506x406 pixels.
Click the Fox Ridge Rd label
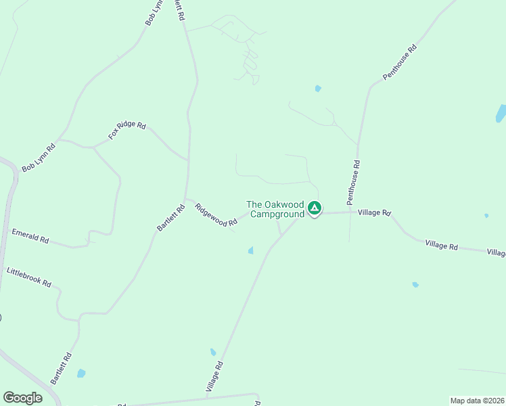click(127, 131)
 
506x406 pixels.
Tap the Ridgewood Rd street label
click(216, 215)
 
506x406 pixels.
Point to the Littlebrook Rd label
click(29, 278)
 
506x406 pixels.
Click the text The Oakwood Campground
click(275, 209)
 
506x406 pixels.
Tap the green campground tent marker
click(314, 208)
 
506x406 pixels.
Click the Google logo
click(22, 398)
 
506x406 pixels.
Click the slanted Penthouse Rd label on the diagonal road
click(400, 63)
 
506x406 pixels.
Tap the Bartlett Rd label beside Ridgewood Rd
click(171, 219)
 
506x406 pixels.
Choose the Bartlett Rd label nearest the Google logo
click(60, 368)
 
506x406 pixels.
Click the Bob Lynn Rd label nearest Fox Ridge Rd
click(38, 158)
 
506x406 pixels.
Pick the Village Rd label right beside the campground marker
click(375, 212)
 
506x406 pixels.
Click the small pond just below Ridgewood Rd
click(250, 251)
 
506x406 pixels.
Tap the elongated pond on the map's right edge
click(501, 113)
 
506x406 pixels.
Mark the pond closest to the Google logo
click(81, 373)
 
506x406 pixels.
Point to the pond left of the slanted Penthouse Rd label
click(317, 88)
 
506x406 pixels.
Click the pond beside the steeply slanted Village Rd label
click(212, 353)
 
